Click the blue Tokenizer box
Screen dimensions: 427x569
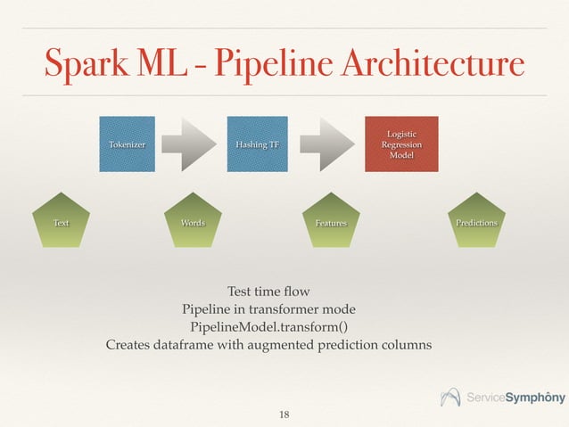coord(128,144)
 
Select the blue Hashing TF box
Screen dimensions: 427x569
coord(257,144)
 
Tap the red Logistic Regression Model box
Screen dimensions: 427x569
coord(400,144)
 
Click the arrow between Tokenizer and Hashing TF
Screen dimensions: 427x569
coord(193,144)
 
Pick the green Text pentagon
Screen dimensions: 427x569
coord(61,222)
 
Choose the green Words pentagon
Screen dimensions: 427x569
coord(193,222)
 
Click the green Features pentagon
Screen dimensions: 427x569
coord(330,222)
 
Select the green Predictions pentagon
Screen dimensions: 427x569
coord(475,222)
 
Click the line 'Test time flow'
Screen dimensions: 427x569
coord(268,292)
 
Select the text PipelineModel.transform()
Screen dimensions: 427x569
coord(268,326)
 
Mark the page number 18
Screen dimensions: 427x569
coord(284,415)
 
